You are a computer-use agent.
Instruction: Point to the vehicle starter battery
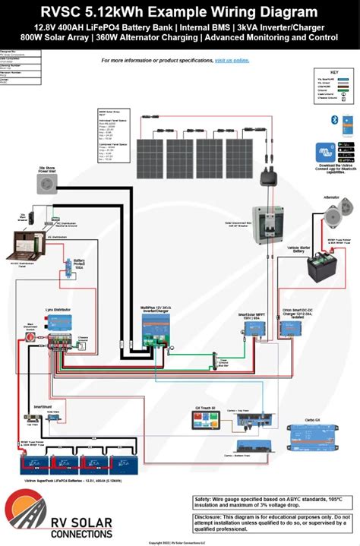(325, 267)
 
